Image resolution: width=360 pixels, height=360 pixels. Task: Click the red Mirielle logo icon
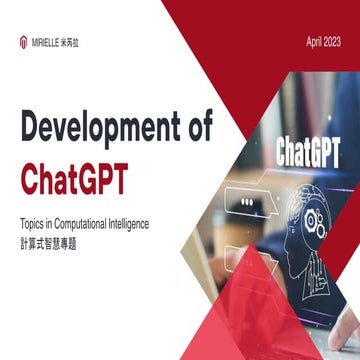(x=24, y=42)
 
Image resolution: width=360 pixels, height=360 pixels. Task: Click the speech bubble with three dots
(x=246, y=201)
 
